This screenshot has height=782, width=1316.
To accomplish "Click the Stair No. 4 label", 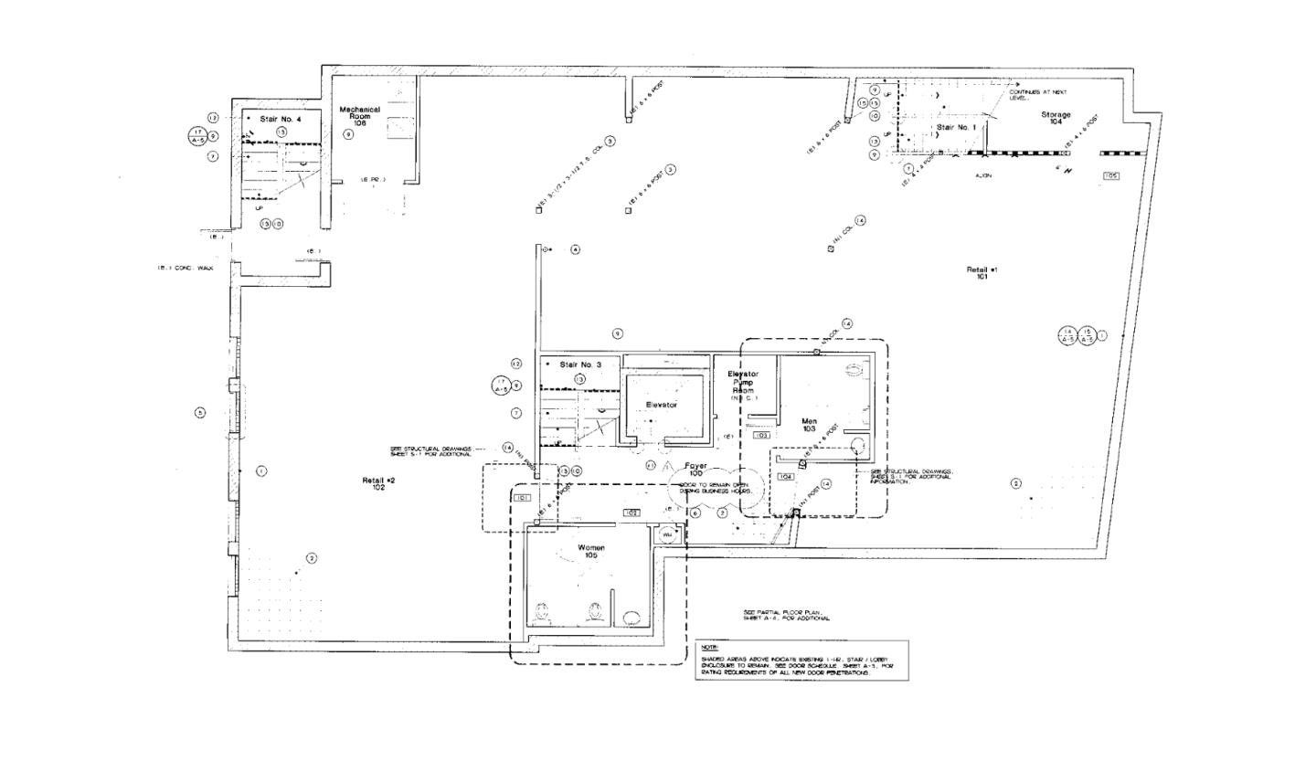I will point(280,119).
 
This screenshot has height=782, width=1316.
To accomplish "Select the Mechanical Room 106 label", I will point(359,115).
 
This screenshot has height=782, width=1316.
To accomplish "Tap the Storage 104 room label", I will point(1056,118).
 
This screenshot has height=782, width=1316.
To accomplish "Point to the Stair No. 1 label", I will point(956,127).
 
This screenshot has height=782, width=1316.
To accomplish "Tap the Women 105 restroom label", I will point(591,551).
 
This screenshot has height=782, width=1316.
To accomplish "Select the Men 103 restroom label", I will point(809,424).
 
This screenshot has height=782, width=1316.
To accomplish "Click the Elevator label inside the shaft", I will point(661,404).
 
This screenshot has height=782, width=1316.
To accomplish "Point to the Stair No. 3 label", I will point(580,365).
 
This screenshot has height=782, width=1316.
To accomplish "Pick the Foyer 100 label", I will point(695,470).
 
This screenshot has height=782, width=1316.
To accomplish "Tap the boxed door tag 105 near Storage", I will point(1110,175).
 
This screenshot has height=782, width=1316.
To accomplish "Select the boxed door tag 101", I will point(523,498).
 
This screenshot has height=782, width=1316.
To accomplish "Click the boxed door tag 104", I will point(785,477).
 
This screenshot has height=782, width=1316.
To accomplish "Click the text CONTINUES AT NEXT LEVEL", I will point(1036,94).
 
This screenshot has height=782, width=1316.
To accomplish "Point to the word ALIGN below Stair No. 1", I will point(983,175).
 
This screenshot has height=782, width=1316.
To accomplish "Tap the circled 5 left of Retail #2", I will point(200,412).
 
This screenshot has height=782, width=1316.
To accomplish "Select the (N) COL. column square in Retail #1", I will point(831,248).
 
